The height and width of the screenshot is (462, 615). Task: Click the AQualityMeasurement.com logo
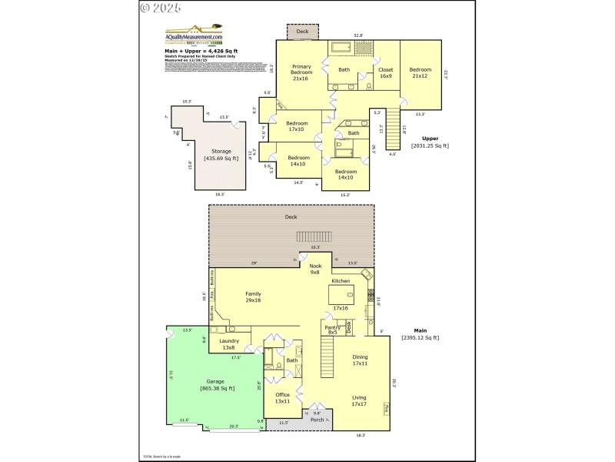(x=194, y=35)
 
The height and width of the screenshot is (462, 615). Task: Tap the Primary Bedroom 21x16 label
(x=301, y=73)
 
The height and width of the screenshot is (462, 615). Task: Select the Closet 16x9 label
(x=385, y=73)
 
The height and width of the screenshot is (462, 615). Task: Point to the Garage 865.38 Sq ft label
(x=218, y=385)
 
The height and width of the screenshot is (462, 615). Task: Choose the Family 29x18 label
(x=253, y=296)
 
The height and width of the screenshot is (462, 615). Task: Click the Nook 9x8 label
(x=314, y=269)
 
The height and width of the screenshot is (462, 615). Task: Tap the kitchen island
(x=341, y=295)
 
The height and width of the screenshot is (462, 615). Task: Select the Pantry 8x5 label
(x=332, y=330)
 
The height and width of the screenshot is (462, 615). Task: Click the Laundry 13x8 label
(x=229, y=344)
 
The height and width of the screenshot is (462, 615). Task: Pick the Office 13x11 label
(x=282, y=398)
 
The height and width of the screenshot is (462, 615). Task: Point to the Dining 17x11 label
(x=360, y=360)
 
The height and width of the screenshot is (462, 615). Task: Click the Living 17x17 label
(x=359, y=401)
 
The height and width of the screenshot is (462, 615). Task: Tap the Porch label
(x=317, y=420)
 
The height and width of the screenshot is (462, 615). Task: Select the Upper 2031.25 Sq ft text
(x=430, y=142)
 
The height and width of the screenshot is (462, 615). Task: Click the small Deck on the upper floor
(x=302, y=32)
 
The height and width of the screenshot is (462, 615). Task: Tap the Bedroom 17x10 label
(x=298, y=126)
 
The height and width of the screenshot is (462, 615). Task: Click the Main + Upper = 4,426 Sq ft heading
(x=195, y=51)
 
